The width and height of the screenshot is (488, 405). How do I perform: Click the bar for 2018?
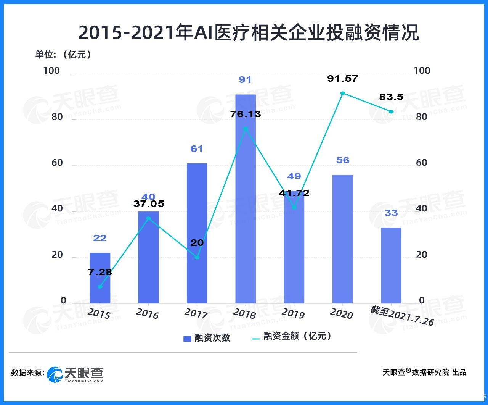click(x=246, y=198)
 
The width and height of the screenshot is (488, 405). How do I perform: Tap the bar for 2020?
click(x=342, y=239)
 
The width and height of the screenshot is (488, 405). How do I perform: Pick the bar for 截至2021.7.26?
click(x=391, y=265)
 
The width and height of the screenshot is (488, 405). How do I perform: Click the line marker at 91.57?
click(x=342, y=93)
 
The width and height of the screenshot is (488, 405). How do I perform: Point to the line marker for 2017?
click(x=197, y=257)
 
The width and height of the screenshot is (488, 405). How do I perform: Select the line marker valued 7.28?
click(x=100, y=287)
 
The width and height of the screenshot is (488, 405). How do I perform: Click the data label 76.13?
click(x=246, y=114)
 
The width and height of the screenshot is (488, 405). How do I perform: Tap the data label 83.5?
click(x=391, y=97)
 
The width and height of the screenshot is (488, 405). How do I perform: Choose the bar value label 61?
click(x=197, y=148)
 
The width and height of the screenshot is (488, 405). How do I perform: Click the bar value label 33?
click(x=391, y=213)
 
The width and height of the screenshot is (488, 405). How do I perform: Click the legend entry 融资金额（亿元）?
click(x=292, y=336)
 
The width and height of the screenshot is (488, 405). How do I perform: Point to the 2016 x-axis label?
click(x=147, y=313)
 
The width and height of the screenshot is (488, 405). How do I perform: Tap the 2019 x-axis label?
click(x=293, y=313)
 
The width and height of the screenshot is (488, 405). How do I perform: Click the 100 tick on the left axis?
click(x=52, y=71)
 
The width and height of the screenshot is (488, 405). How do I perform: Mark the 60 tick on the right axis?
click(x=421, y=163)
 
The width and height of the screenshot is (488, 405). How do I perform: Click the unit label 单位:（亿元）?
click(x=64, y=55)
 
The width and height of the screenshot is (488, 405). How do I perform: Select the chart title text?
click(x=248, y=33)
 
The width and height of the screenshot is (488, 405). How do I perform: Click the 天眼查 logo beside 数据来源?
click(x=75, y=374)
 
